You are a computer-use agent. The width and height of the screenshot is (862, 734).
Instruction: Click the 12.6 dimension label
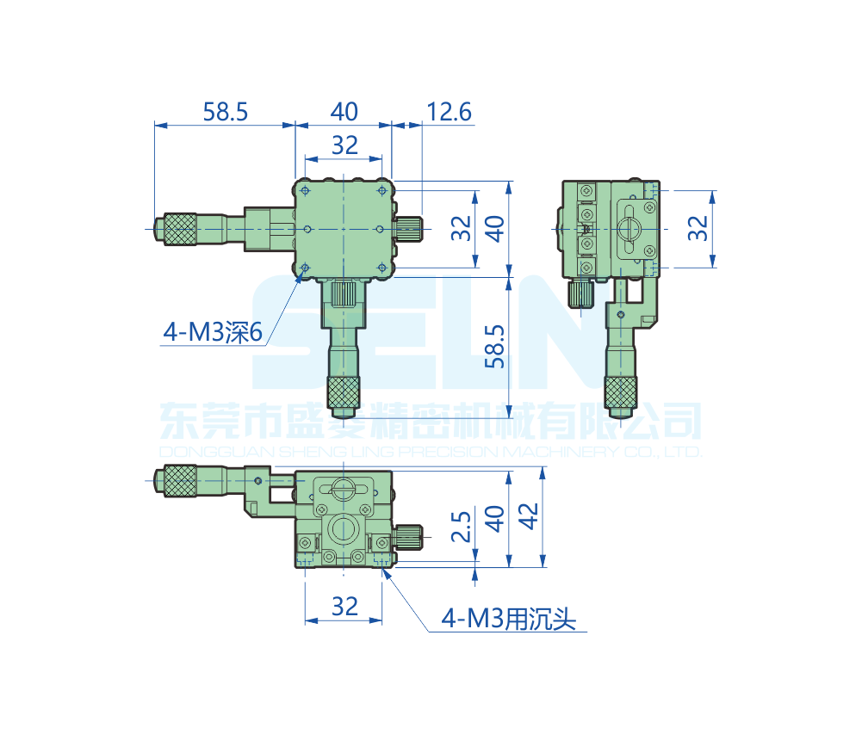(450, 112)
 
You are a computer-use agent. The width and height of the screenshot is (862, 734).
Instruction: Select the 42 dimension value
(529, 516)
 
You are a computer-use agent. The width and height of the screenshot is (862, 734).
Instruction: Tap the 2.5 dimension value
(462, 527)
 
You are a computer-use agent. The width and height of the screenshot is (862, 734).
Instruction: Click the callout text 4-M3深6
(213, 332)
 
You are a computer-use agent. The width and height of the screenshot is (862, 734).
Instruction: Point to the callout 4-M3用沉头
(509, 619)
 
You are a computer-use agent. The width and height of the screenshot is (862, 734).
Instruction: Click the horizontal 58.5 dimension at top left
(226, 112)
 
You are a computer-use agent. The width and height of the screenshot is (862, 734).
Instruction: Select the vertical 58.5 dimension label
(495, 347)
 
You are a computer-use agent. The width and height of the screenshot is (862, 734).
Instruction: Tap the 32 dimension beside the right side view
(698, 228)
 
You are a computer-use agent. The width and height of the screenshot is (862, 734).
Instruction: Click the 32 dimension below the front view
(344, 607)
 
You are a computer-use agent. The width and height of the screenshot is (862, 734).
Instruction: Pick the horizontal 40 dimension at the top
(344, 112)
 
